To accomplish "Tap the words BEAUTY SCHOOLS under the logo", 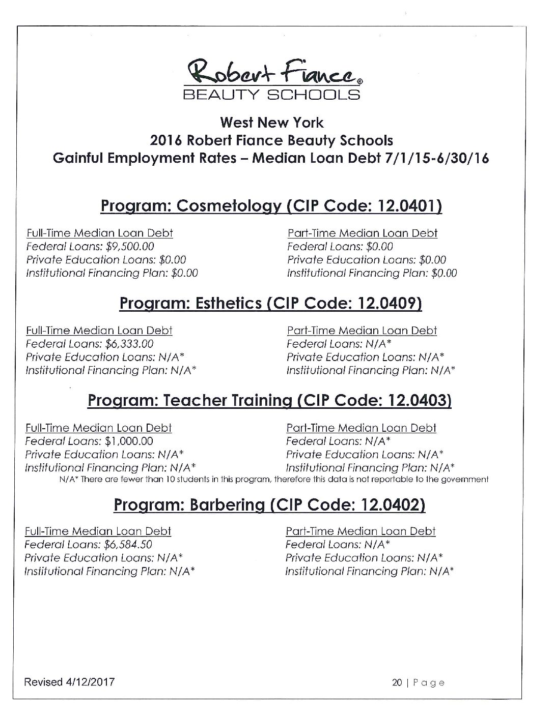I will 271,95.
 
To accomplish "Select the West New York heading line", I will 271,123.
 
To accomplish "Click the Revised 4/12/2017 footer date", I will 70,682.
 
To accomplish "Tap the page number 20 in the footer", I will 397,682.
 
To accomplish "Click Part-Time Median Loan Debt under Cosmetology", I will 362,233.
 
